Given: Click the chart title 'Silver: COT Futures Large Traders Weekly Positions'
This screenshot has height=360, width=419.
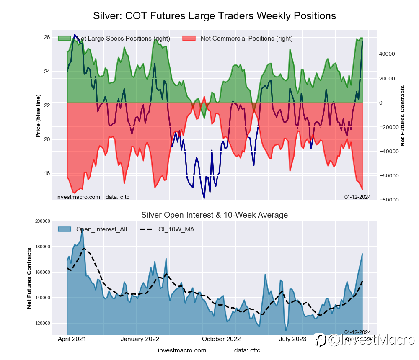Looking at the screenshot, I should point(214,16).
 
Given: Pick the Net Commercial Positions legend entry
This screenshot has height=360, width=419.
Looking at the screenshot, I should point(246,39).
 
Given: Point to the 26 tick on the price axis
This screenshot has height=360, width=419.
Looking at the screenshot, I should point(47,37).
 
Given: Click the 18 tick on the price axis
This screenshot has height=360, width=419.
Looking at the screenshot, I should point(47,173).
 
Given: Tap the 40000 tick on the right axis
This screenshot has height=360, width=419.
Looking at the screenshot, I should point(390,54).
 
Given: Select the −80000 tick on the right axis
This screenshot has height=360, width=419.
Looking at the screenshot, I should point(389,200).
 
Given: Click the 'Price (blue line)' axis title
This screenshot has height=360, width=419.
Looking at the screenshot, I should point(38,116).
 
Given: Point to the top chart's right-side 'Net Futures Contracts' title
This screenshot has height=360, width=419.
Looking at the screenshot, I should point(403,116).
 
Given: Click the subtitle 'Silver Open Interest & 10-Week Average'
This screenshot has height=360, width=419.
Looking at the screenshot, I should point(214,215).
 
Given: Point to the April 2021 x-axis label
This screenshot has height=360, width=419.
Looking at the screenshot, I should point(71,339).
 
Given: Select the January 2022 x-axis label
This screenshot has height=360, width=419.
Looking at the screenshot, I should point(140,339).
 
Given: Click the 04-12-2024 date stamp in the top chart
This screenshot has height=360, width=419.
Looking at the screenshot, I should point(357,197).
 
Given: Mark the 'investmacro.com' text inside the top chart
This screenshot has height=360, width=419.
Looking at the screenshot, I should point(78,197).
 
